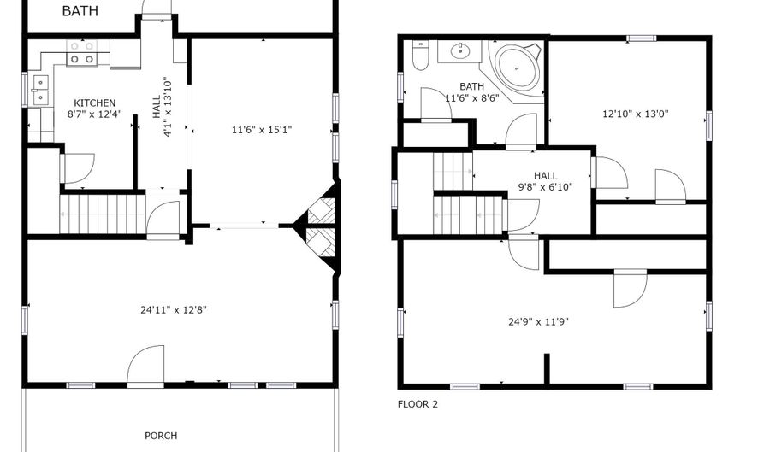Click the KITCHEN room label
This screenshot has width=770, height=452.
(x=94, y=103)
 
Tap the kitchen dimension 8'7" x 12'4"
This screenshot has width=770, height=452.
(x=94, y=114)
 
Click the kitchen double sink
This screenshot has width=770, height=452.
(x=39, y=90)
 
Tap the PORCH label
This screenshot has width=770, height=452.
(x=161, y=436)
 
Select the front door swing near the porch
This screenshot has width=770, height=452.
(x=145, y=365)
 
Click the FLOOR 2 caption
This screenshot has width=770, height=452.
(x=418, y=404)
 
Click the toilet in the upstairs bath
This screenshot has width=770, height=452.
(x=420, y=56)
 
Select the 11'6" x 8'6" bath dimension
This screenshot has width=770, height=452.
(x=471, y=97)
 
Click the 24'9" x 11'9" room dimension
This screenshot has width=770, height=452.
(x=539, y=322)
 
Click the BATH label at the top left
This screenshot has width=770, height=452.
(x=80, y=11)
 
